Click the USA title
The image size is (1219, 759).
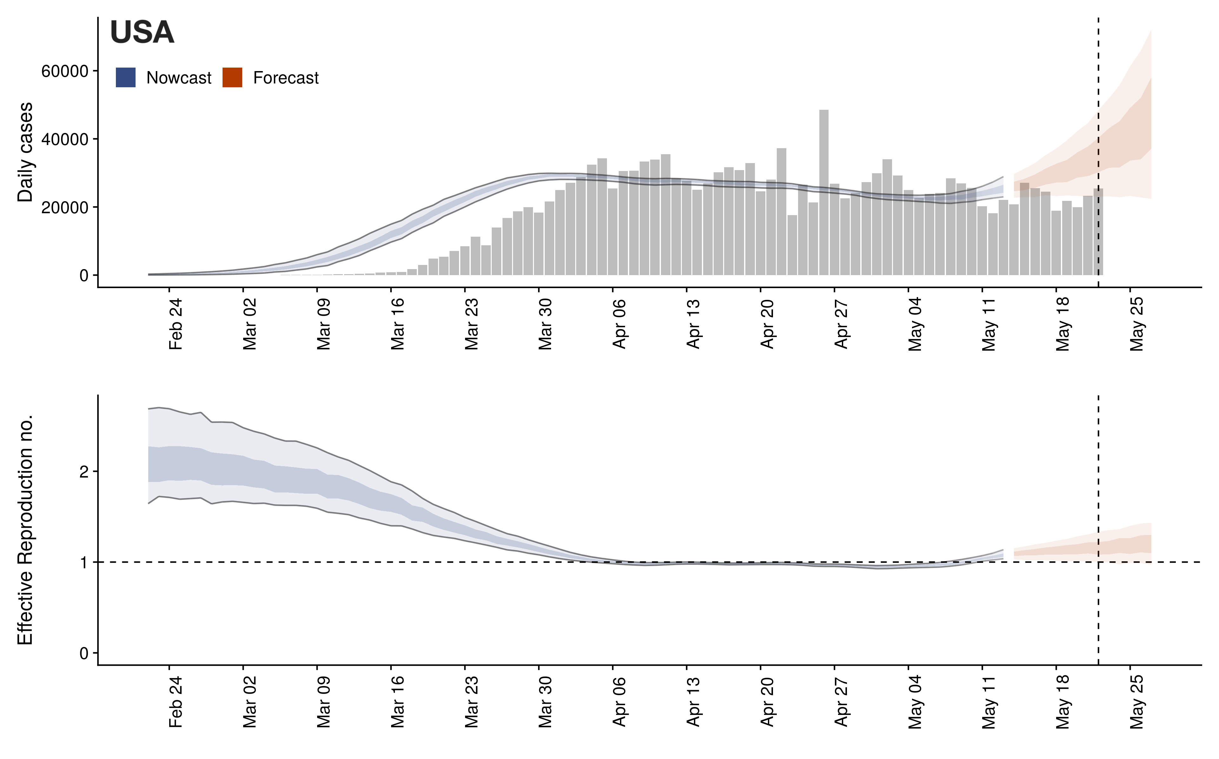[142, 33]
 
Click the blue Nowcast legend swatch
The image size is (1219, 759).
[125, 77]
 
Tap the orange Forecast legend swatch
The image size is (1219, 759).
[232, 77]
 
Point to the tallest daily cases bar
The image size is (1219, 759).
[823, 191]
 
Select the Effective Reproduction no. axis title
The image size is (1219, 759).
[25, 530]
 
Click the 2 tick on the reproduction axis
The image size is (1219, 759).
[83, 472]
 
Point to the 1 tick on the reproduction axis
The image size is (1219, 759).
[83, 563]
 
